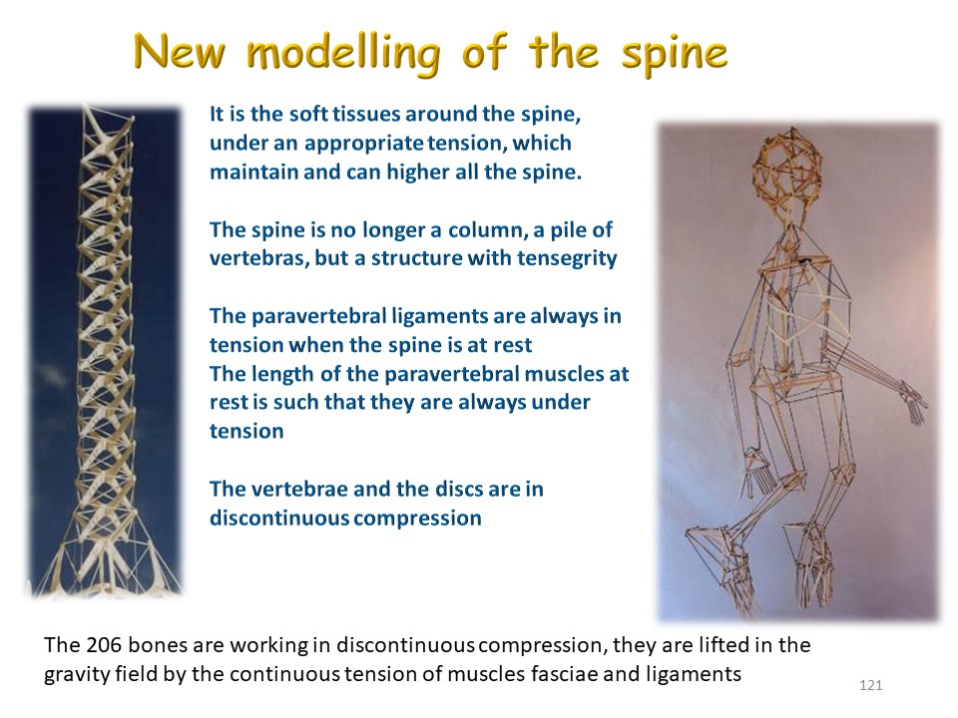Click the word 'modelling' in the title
(342, 54)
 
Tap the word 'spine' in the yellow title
(674, 54)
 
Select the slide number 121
(870, 685)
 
